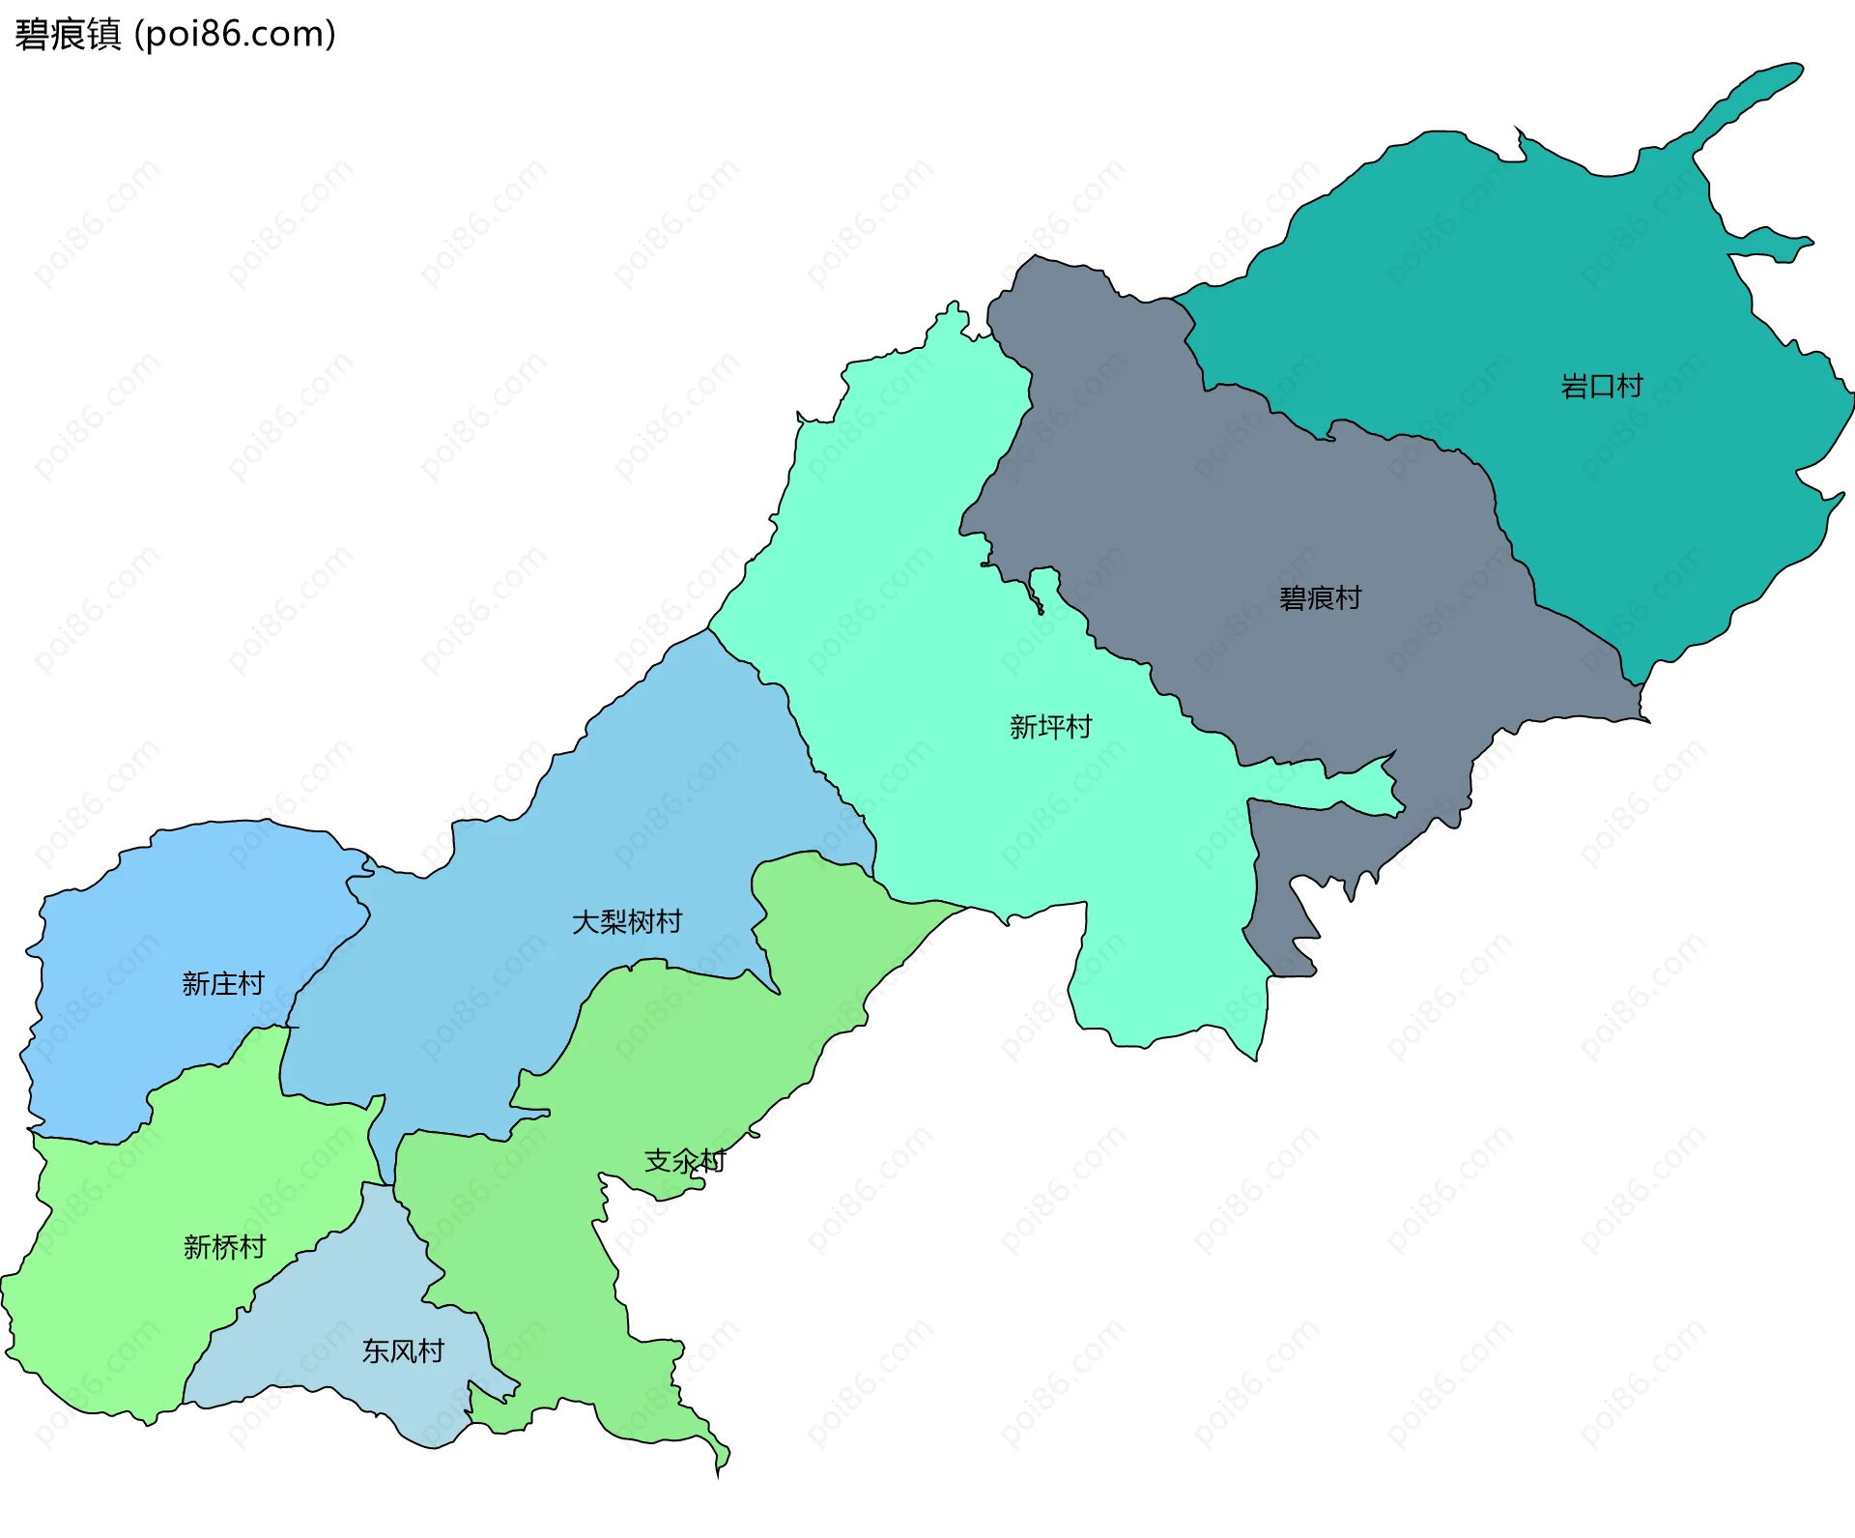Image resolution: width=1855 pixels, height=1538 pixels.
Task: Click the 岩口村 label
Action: pos(1601,387)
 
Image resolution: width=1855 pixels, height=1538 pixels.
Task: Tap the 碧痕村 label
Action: pos(1320,598)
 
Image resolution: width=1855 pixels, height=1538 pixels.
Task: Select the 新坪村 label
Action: pos(1050,727)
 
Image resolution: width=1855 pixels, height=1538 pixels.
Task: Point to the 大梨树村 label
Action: pos(627,922)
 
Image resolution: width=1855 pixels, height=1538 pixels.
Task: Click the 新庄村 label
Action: pos(222,984)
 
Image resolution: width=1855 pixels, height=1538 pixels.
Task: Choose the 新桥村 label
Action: pos(224,1247)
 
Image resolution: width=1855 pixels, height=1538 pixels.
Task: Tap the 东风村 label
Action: pos(403,1351)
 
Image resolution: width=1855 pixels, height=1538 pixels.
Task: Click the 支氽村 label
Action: pos(684,1161)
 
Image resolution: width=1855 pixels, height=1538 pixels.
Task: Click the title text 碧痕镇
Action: pos(68,34)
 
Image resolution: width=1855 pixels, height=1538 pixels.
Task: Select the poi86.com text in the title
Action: pos(235,34)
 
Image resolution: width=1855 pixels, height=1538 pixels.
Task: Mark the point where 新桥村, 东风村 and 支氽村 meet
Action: pos(390,1185)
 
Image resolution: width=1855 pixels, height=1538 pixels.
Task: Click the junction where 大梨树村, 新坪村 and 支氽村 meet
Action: pos(874,876)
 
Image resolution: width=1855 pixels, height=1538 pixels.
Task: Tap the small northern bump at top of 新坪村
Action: pos(954,315)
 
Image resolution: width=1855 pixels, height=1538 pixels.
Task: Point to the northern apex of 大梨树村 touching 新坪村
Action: pos(708,630)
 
